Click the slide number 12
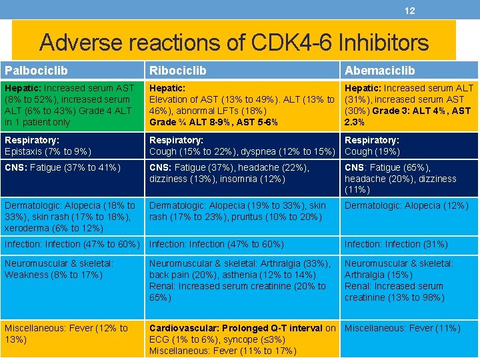click(409, 11)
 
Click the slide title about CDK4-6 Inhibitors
click(234, 43)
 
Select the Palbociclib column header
click(36, 70)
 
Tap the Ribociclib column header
click(177, 70)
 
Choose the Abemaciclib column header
click(379, 70)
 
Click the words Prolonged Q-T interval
click(273, 328)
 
